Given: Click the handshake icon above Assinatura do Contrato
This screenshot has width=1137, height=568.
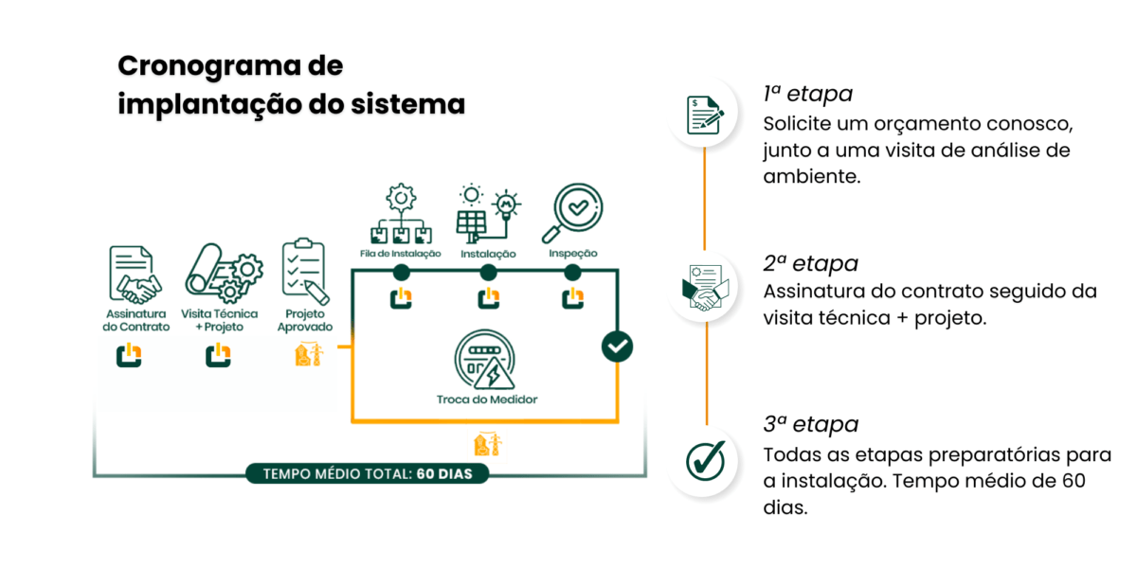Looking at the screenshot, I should tap(135, 274).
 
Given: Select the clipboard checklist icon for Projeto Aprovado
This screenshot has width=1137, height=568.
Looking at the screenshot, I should tap(304, 274).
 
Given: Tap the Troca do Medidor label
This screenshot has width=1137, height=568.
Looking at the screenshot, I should tap(487, 399).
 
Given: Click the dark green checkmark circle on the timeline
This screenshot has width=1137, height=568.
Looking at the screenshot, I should tap(617, 346).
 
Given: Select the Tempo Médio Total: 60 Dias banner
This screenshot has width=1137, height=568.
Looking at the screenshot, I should tap(368, 472).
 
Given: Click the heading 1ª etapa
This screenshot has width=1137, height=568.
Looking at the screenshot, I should tap(807, 94).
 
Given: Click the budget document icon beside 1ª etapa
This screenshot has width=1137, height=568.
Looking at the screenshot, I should tap(704, 114).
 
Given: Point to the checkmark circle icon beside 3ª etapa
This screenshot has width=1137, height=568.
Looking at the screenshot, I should tap(704, 460).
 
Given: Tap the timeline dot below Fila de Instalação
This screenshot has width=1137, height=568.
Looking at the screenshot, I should tap(402, 273).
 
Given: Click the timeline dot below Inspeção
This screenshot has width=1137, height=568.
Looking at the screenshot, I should tap(572, 273).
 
